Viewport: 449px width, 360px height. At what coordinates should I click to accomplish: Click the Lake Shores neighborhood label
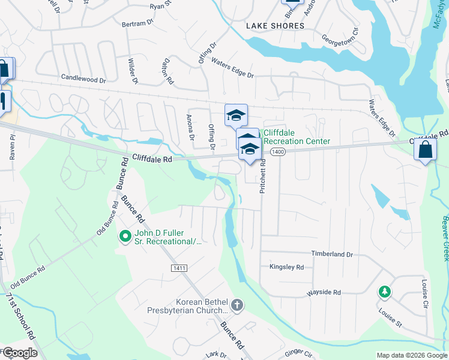276,26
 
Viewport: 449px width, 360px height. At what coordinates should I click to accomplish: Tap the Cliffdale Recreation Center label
297,137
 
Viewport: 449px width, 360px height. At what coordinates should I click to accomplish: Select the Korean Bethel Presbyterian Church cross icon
237,305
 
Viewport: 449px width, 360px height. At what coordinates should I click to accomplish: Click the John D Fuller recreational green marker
125,237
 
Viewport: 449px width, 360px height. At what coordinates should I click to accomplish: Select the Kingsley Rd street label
287,267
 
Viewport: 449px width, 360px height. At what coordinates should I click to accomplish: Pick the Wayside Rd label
324,292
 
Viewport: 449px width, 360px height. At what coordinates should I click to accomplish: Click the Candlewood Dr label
83,79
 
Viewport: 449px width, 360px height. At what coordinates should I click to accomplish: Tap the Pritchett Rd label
263,178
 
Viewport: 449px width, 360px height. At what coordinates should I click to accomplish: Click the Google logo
19,353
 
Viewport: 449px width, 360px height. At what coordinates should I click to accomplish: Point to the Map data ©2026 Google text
412,355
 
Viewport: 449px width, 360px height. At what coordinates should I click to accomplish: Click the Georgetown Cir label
340,37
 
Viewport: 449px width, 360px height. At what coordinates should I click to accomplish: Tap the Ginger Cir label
298,353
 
